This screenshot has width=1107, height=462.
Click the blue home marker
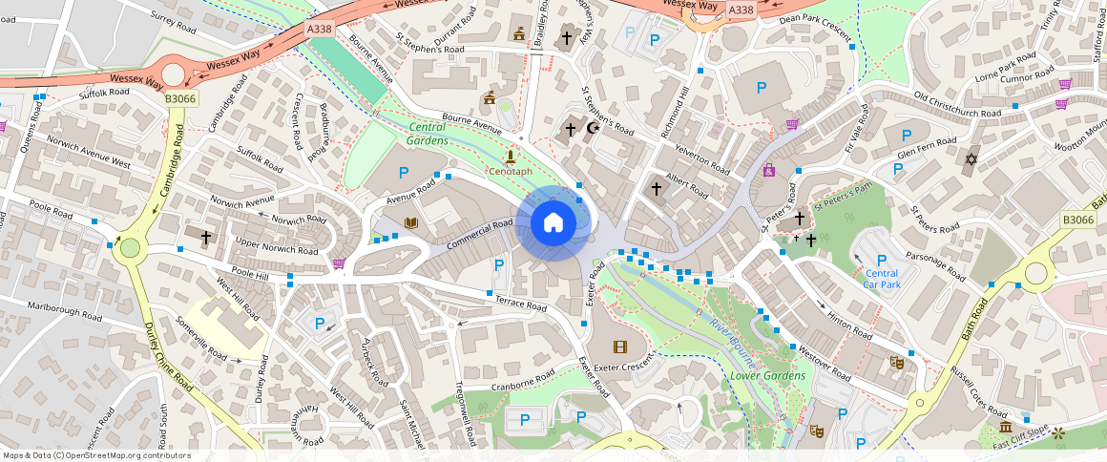point(552,223)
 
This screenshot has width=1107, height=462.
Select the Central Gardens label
point(428,134)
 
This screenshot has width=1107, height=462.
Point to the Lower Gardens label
point(767,375)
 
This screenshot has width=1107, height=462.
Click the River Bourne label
point(732,339)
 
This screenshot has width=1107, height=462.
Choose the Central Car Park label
point(881,279)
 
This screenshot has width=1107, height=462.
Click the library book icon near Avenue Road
point(411,223)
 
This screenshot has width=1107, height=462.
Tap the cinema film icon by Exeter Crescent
point(621,346)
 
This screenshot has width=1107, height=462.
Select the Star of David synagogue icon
point(972,158)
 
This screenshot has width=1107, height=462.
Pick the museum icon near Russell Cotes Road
point(1004,427)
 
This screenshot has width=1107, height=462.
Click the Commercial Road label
point(479,236)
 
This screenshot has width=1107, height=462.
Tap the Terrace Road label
point(520,304)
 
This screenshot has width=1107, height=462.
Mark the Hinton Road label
point(849,326)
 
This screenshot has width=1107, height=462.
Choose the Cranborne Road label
point(522,387)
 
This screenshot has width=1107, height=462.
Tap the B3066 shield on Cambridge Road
point(179,98)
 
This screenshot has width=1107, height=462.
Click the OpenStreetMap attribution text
point(96,455)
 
